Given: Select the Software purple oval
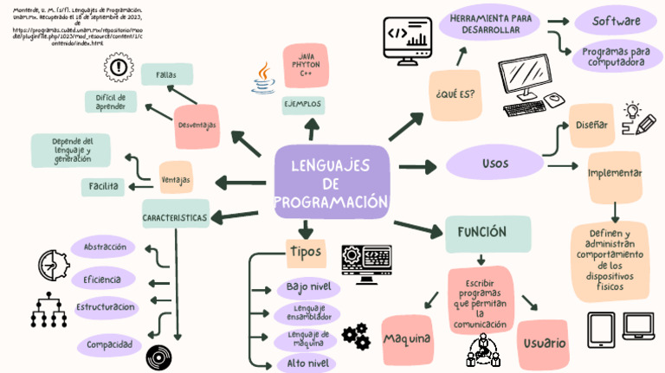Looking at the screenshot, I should click(x=616, y=21).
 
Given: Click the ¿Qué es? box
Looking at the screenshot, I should click(x=455, y=93).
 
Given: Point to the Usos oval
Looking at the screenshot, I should click(x=494, y=163).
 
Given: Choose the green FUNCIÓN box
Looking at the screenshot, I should click(x=487, y=232).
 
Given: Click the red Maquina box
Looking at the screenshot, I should click(x=406, y=338).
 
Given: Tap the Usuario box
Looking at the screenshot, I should click(x=545, y=344).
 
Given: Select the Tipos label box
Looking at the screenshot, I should click(x=305, y=252).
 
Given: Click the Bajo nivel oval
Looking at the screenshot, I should click(x=313, y=286).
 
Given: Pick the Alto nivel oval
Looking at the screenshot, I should click(x=309, y=363).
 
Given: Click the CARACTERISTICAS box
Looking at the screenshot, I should click(x=175, y=217).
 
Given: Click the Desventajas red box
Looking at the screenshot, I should click(x=197, y=125).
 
